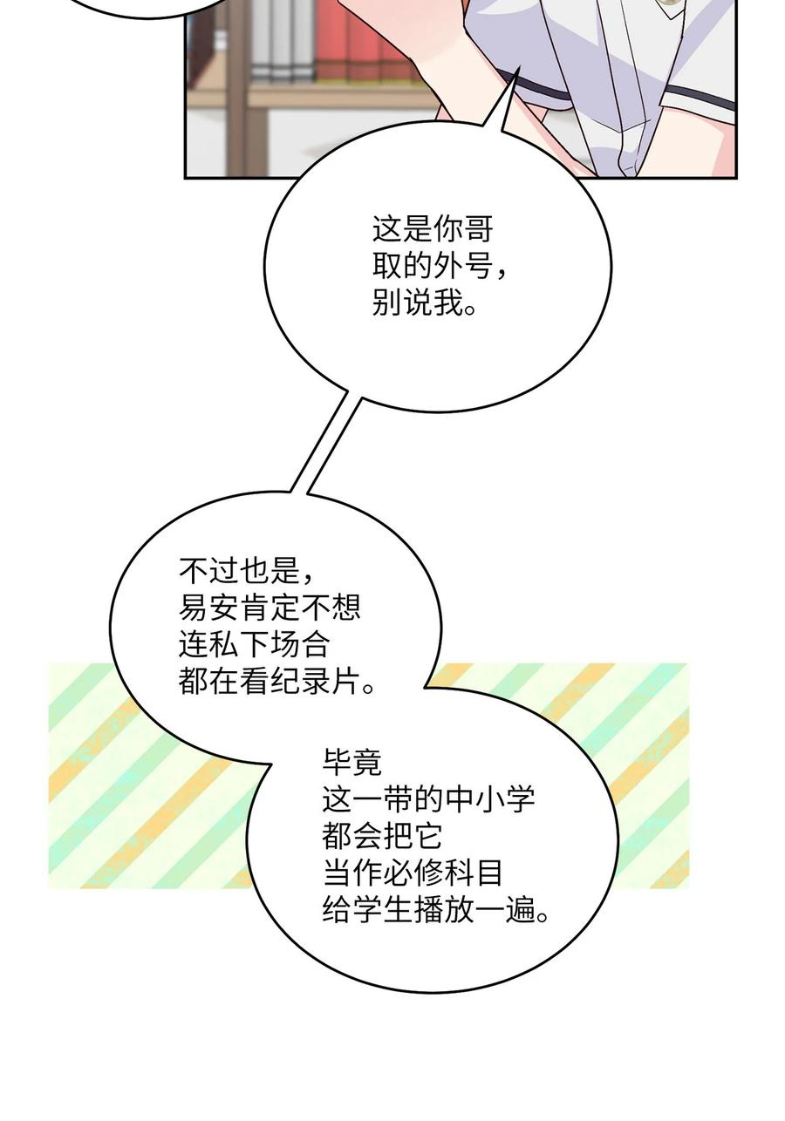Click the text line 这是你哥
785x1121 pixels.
tap(433, 229)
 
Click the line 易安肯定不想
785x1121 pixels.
tap(270, 608)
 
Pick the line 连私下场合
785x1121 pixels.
tap(255, 644)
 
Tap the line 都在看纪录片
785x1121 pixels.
tap(276, 681)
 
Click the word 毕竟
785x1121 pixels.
tap(352, 763)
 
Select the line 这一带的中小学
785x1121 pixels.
tap(428, 799)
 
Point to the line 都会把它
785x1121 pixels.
tap(383, 836)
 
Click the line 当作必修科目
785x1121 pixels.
tap(413, 873)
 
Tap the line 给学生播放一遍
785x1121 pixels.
tap(435, 909)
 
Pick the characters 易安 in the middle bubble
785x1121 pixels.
tap(208, 608)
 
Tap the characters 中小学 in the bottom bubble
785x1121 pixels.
tap(489, 799)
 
